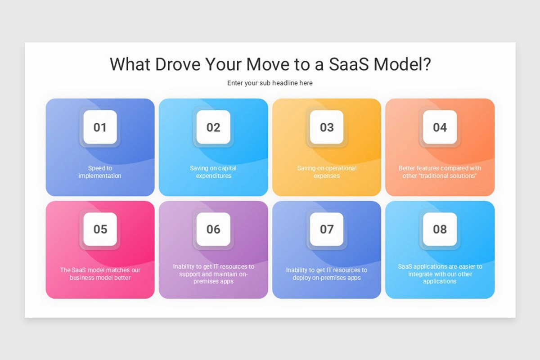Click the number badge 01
[x=100, y=127]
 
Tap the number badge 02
[x=213, y=127]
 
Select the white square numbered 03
[x=327, y=127]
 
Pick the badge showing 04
[x=440, y=127]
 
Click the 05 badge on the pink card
[x=100, y=229]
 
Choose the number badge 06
[x=213, y=229]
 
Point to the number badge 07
[x=327, y=229]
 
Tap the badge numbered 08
[x=440, y=229]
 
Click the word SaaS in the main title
[x=349, y=64]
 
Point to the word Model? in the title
[x=403, y=64]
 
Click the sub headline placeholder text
[x=270, y=83]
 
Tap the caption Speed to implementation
[x=100, y=172]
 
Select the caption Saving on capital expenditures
[x=213, y=172]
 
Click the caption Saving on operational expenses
[x=327, y=172]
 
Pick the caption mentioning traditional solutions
[x=440, y=172]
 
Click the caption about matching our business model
[x=100, y=274]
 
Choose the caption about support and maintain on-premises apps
[x=213, y=274]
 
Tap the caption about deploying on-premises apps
[x=327, y=274]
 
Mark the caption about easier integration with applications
[x=440, y=274]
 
